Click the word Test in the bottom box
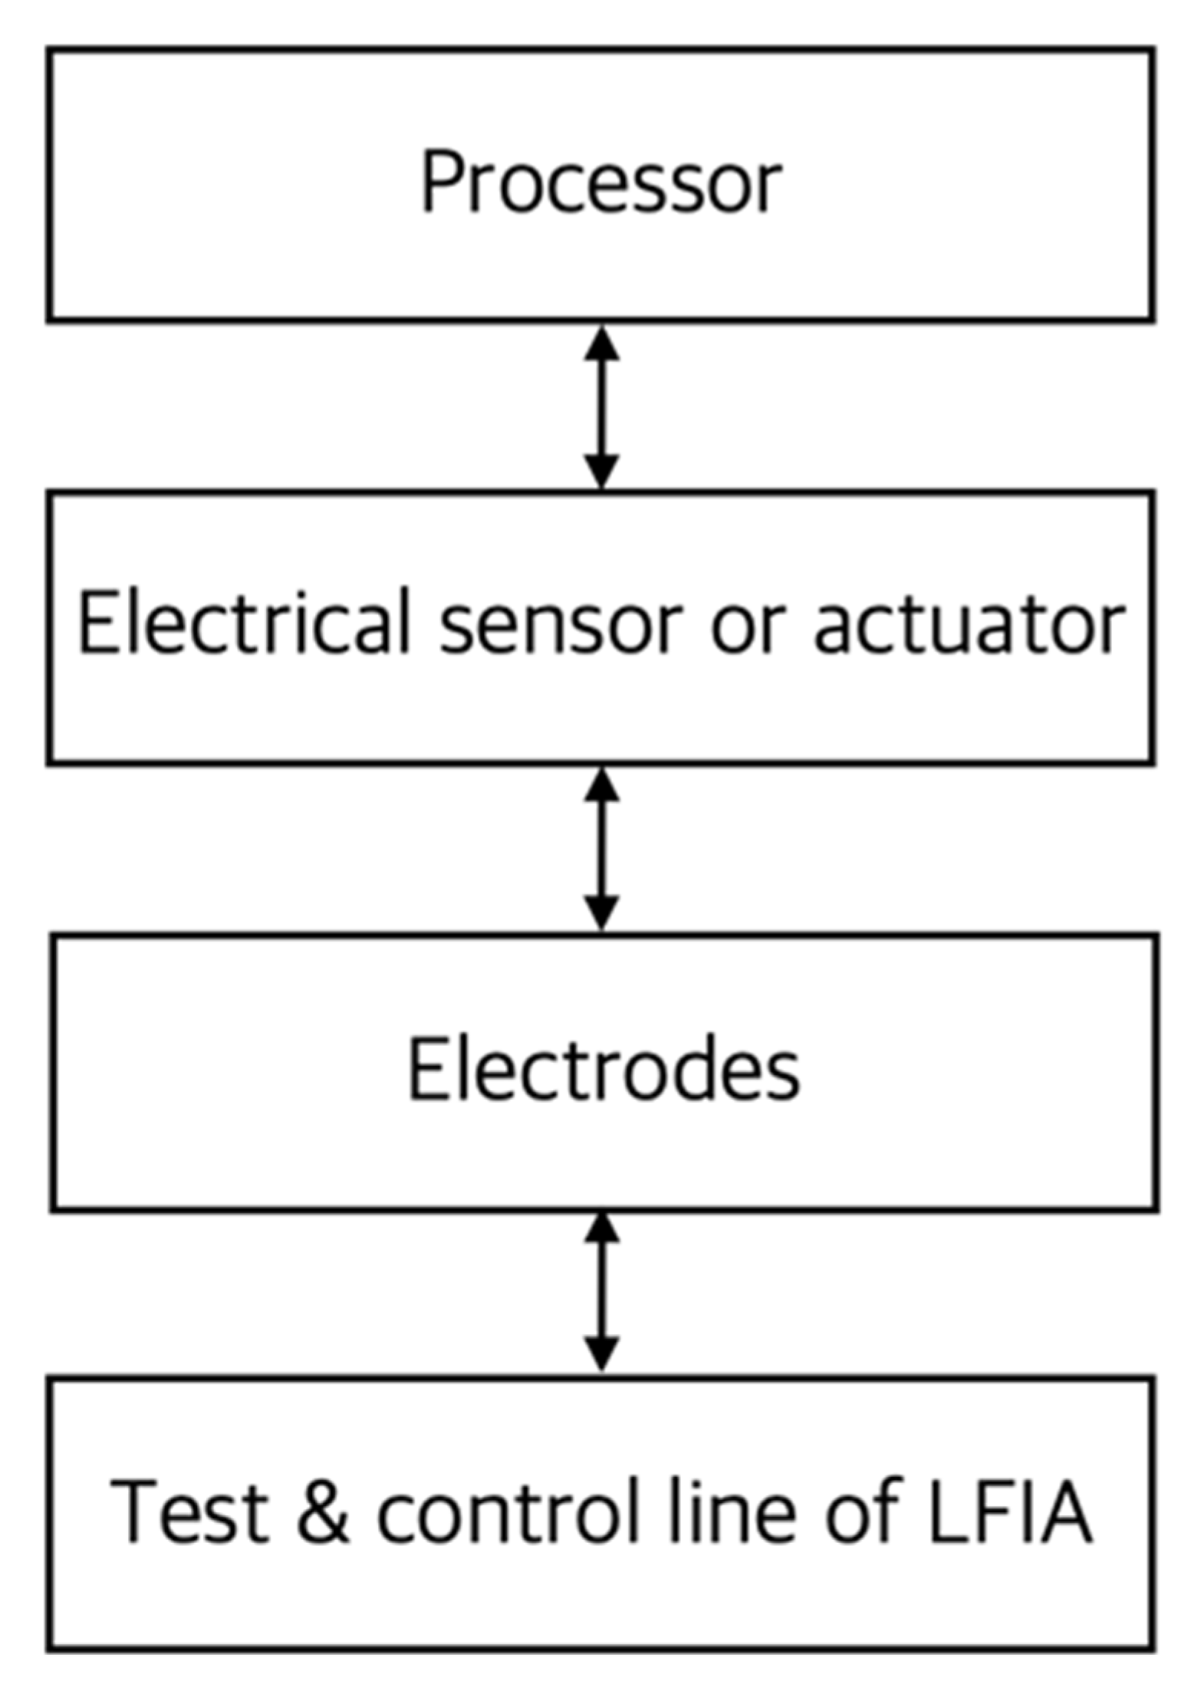189,1511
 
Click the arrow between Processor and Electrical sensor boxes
602,406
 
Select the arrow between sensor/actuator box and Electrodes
602,849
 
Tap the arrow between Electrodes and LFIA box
602,1293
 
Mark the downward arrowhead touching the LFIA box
602,1354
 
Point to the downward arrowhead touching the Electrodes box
602,912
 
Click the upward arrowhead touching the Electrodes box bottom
602,1230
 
